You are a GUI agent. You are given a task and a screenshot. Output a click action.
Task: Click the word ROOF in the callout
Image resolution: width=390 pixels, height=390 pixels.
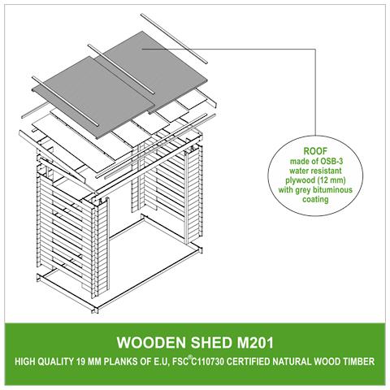pyautogui.click(x=315, y=151)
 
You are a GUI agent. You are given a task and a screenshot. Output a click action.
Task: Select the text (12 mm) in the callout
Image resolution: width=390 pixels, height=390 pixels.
pyautogui.click(x=332, y=180)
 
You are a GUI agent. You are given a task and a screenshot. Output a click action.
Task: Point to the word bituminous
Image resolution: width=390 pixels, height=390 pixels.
pyautogui.click(x=332, y=190)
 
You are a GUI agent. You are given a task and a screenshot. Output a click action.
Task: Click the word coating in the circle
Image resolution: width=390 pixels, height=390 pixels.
pyautogui.click(x=315, y=200)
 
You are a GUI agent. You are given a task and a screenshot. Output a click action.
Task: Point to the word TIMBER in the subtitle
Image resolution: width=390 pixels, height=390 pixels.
pyautogui.click(x=360, y=362)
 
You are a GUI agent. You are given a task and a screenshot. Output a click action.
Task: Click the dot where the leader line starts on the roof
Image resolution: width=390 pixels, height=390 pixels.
pyautogui.click(x=143, y=49)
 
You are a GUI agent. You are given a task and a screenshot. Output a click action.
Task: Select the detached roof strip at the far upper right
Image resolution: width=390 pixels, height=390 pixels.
pyautogui.click(x=174, y=38)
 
